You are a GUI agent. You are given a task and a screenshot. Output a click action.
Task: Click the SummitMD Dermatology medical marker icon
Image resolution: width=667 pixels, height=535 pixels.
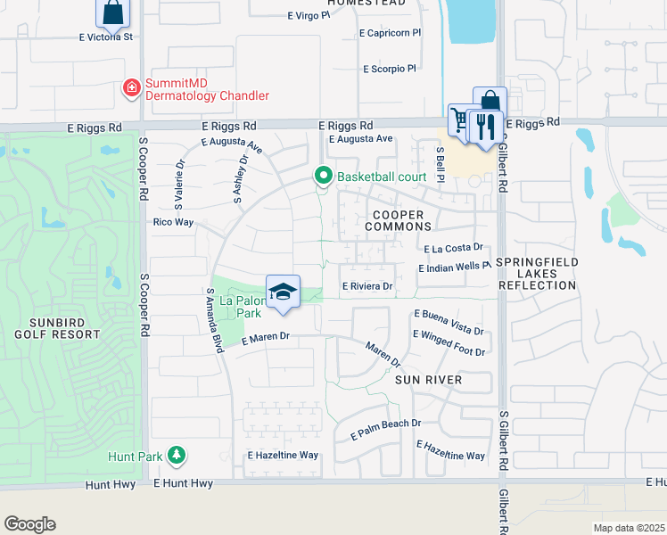click(x=131, y=88)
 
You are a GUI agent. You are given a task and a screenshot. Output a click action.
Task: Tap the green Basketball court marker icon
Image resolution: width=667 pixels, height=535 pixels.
click(x=323, y=177)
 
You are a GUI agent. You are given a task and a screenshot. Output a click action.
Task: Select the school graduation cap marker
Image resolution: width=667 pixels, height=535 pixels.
click(x=283, y=292)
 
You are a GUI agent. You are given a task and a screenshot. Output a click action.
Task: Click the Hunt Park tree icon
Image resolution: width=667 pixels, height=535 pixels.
click(x=177, y=456)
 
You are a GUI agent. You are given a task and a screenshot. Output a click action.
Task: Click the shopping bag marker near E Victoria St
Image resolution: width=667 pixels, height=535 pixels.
click(x=112, y=12)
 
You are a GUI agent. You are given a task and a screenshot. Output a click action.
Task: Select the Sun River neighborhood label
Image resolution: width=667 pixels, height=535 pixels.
click(x=428, y=380)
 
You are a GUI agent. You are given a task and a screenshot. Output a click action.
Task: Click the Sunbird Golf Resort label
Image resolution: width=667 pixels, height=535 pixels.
click(x=57, y=327)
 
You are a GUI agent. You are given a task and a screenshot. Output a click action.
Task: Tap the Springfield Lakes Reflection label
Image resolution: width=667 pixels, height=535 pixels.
click(x=537, y=273)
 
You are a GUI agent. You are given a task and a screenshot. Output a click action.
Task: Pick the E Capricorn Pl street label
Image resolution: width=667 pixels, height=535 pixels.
click(x=390, y=33)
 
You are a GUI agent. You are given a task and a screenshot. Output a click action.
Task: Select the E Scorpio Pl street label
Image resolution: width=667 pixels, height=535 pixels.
click(x=390, y=69)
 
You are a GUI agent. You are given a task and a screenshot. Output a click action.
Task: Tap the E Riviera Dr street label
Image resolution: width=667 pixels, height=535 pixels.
click(x=368, y=286)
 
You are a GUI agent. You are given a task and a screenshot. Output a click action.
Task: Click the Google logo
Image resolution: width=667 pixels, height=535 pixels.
click(x=29, y=524)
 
